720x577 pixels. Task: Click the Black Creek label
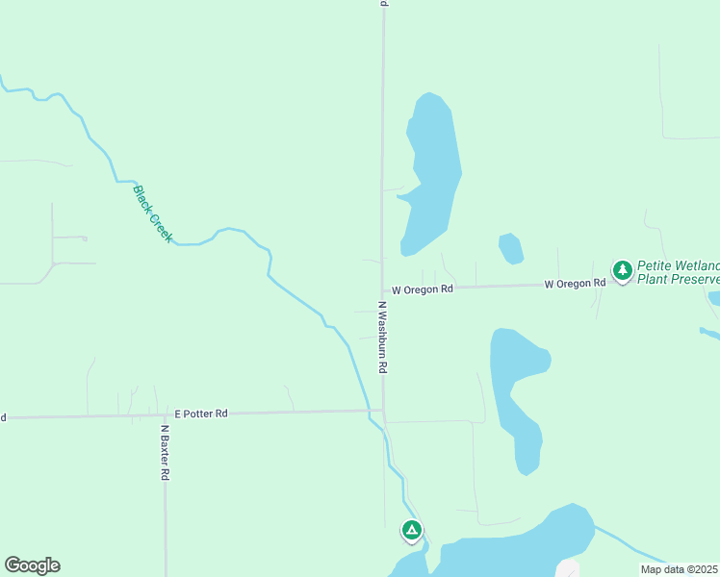[x=153, y=213]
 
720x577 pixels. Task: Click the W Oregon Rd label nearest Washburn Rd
[x=421, y=288]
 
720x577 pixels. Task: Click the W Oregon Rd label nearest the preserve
[x=575, y=283]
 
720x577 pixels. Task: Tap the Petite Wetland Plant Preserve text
[x=678, y=272]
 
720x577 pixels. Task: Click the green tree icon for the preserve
[x=623, y=270]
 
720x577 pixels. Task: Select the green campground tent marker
[x=411, y=530]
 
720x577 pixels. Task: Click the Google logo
[x=32, y=565]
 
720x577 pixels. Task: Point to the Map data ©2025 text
[x=680, y=569]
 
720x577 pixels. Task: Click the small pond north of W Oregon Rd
[x=511, y=249]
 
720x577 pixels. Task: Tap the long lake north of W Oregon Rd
[x=430, y=173]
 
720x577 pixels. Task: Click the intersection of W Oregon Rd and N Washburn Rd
[x=383, y=289]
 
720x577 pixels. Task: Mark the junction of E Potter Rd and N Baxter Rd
[x=165, y=414]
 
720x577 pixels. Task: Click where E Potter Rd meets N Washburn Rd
[x=383, y=411]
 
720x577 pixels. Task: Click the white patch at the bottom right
[x=568, y=568]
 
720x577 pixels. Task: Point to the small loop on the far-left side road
[x=84, y=238]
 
